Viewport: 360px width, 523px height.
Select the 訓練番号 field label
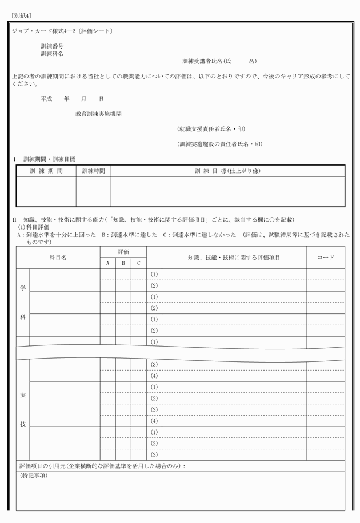coord(52,45)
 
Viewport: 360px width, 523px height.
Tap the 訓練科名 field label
coord(52,53)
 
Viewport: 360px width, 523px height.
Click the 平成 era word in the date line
coord(46,99)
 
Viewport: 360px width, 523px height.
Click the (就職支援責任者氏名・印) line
coord(211,129)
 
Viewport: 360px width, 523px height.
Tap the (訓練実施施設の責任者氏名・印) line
coord(219,144)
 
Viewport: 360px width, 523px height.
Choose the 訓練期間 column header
coord(46,171)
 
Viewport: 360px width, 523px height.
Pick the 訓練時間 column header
coord(94,171)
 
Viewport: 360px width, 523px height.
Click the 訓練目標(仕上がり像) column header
coord(227,171)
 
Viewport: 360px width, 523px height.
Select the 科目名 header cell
coord(58,258)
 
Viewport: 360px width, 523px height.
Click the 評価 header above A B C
coord(123,252)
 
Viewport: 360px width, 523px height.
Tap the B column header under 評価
coord(123,263)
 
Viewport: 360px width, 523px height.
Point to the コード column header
coord(325,258)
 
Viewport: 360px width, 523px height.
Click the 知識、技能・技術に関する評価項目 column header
coord(234,258)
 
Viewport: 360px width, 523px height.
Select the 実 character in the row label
coord(23,395)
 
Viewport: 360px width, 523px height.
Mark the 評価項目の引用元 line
coord(103,466)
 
